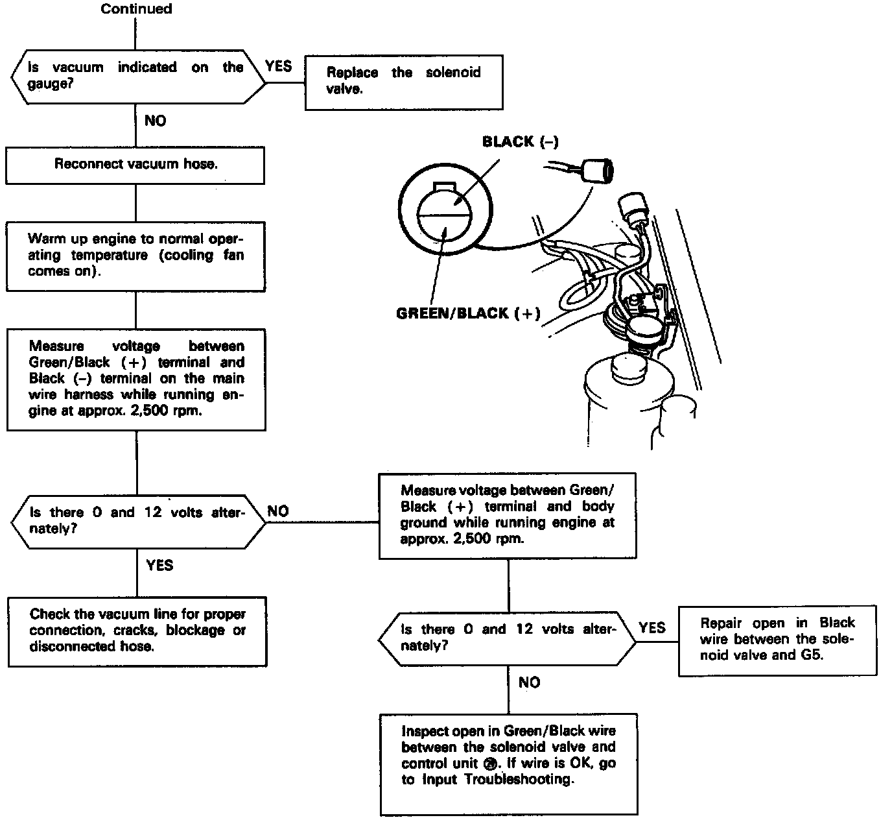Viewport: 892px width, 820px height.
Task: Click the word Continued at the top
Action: pos(136,9)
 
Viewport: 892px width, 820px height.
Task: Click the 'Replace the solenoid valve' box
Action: pos(404,81)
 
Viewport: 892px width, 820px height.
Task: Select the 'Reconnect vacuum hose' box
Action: pos(135,165)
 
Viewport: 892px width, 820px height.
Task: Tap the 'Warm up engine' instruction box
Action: pos(135,256)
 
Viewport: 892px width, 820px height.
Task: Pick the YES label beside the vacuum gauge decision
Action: pos(279,66)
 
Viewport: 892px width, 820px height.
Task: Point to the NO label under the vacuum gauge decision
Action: pos(155,121)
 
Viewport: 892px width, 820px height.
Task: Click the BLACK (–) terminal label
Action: pos(520,142)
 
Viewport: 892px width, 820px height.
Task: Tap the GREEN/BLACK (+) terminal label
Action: pos(468,314)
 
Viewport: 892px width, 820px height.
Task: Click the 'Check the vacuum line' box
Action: pos(137,631)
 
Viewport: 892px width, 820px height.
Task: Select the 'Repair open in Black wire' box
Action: pos(777,640)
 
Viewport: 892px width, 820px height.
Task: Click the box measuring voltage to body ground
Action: pos(508,515)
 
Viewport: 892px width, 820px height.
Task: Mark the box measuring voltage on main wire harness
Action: pos(136,379)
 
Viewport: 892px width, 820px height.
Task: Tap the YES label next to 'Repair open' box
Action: pos(651,627)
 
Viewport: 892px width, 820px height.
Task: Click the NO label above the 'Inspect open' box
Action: pos(529,682)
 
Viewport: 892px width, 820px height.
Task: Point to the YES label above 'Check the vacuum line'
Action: pos(159,565)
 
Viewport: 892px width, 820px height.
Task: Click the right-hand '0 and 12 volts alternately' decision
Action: pos(507,638)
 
